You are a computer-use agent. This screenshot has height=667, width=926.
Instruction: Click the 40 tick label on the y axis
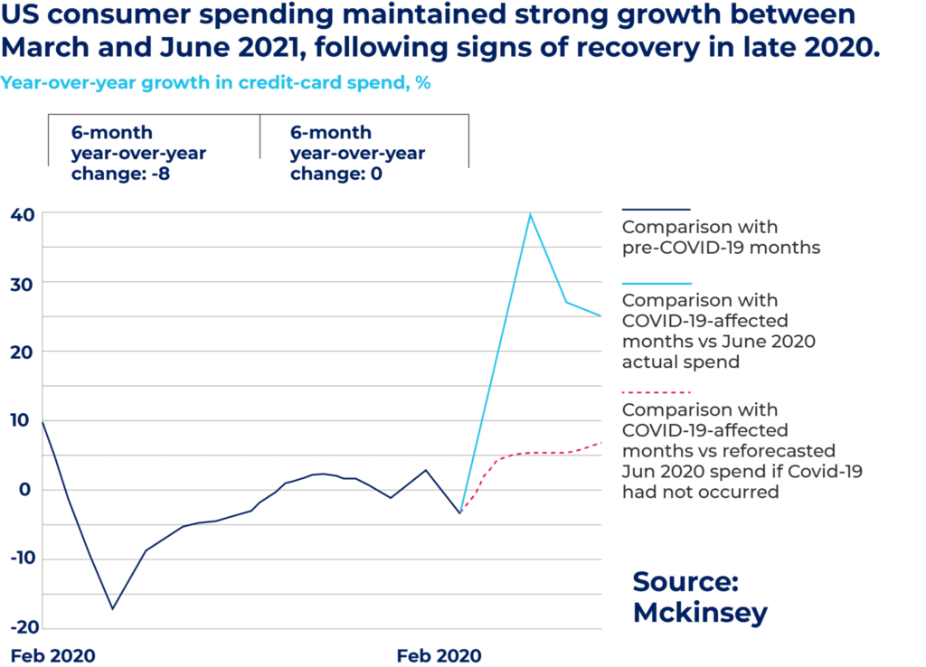pos(23,214)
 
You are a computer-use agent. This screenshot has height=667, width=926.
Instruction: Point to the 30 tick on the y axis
pos(23,283)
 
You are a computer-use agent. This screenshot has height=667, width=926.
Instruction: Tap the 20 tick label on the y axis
pos(23,352)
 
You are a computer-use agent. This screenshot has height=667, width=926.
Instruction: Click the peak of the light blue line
pos(530,213)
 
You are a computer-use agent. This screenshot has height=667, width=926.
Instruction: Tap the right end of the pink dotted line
pos(602,442)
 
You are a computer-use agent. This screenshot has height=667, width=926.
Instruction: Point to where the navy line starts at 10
pos(43,421)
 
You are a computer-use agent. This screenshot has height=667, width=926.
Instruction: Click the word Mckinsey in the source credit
pos(700,613)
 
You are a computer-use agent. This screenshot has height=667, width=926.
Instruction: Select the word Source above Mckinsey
pos(685,580)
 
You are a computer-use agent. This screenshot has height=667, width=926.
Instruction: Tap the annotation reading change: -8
pos(121,174)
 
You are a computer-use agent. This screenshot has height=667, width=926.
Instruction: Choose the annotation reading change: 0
pos(336,174)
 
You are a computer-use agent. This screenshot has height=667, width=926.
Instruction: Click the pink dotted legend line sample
pos(657,393)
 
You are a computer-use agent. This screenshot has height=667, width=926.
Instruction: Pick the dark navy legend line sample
pos(657,210)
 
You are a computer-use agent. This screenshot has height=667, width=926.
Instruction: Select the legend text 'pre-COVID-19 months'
pos(721,247)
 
